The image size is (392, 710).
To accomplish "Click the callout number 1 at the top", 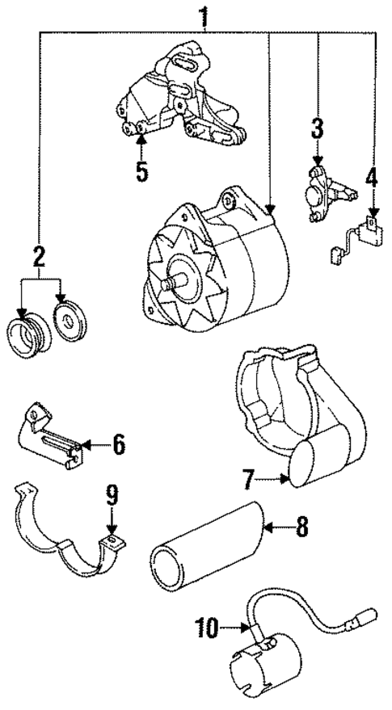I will click(205, 14).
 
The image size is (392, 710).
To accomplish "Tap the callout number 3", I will click(317, 128).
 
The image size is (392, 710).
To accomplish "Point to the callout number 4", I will click(372, 175).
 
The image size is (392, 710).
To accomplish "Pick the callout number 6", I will click(119, 443).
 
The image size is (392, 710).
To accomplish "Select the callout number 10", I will click(206, 626).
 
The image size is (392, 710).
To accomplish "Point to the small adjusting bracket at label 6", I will click(48, 440).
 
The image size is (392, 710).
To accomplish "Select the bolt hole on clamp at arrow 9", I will click(112, 540).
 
